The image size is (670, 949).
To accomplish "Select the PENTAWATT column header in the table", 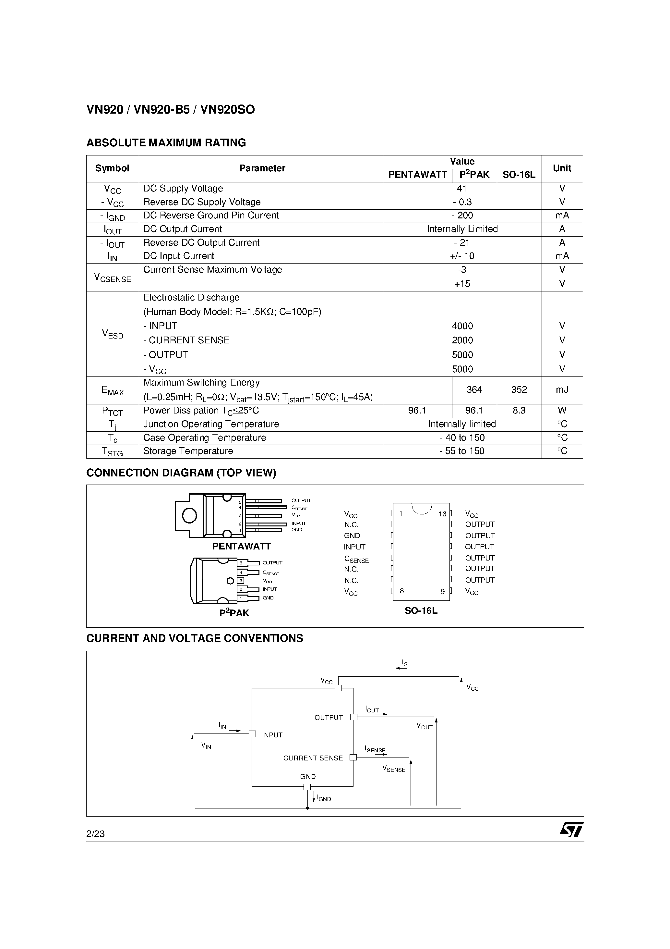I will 417,175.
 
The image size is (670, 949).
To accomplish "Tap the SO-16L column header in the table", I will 519,175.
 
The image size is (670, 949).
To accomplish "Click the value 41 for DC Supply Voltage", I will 462,189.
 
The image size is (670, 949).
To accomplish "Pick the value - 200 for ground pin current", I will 462,216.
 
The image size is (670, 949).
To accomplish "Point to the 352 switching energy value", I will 519,390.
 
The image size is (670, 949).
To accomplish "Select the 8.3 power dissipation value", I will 519,411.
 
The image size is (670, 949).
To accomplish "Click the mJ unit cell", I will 562,390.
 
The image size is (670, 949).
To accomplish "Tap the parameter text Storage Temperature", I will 188,451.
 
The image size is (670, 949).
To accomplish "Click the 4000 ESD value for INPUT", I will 462,326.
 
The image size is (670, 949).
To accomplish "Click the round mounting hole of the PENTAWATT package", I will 190,515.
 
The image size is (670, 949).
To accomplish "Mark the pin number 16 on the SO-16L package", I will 442,514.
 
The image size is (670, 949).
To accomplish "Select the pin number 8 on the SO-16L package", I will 401,591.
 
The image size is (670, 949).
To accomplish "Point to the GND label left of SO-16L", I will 352,536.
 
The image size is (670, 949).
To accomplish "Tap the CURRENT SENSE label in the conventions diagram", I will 313,758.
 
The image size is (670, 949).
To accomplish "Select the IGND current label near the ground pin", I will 323,798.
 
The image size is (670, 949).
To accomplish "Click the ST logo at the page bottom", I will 572,829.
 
